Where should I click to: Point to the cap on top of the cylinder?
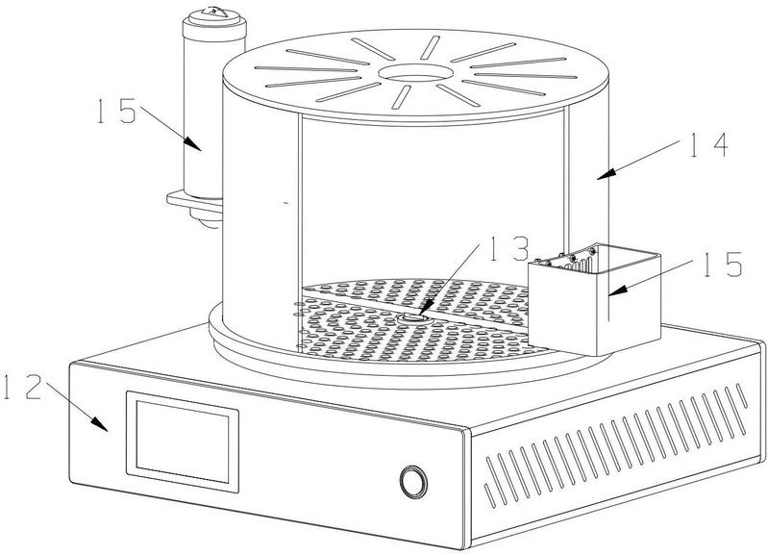pyautogui.click(x=211, y=16)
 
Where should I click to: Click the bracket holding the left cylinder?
pyautogui.click(x=192, y=200)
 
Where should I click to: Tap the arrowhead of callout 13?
pyautogui.click(x=419, y=315)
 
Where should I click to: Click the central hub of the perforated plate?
pyautogui.click(x=412, y=315)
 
